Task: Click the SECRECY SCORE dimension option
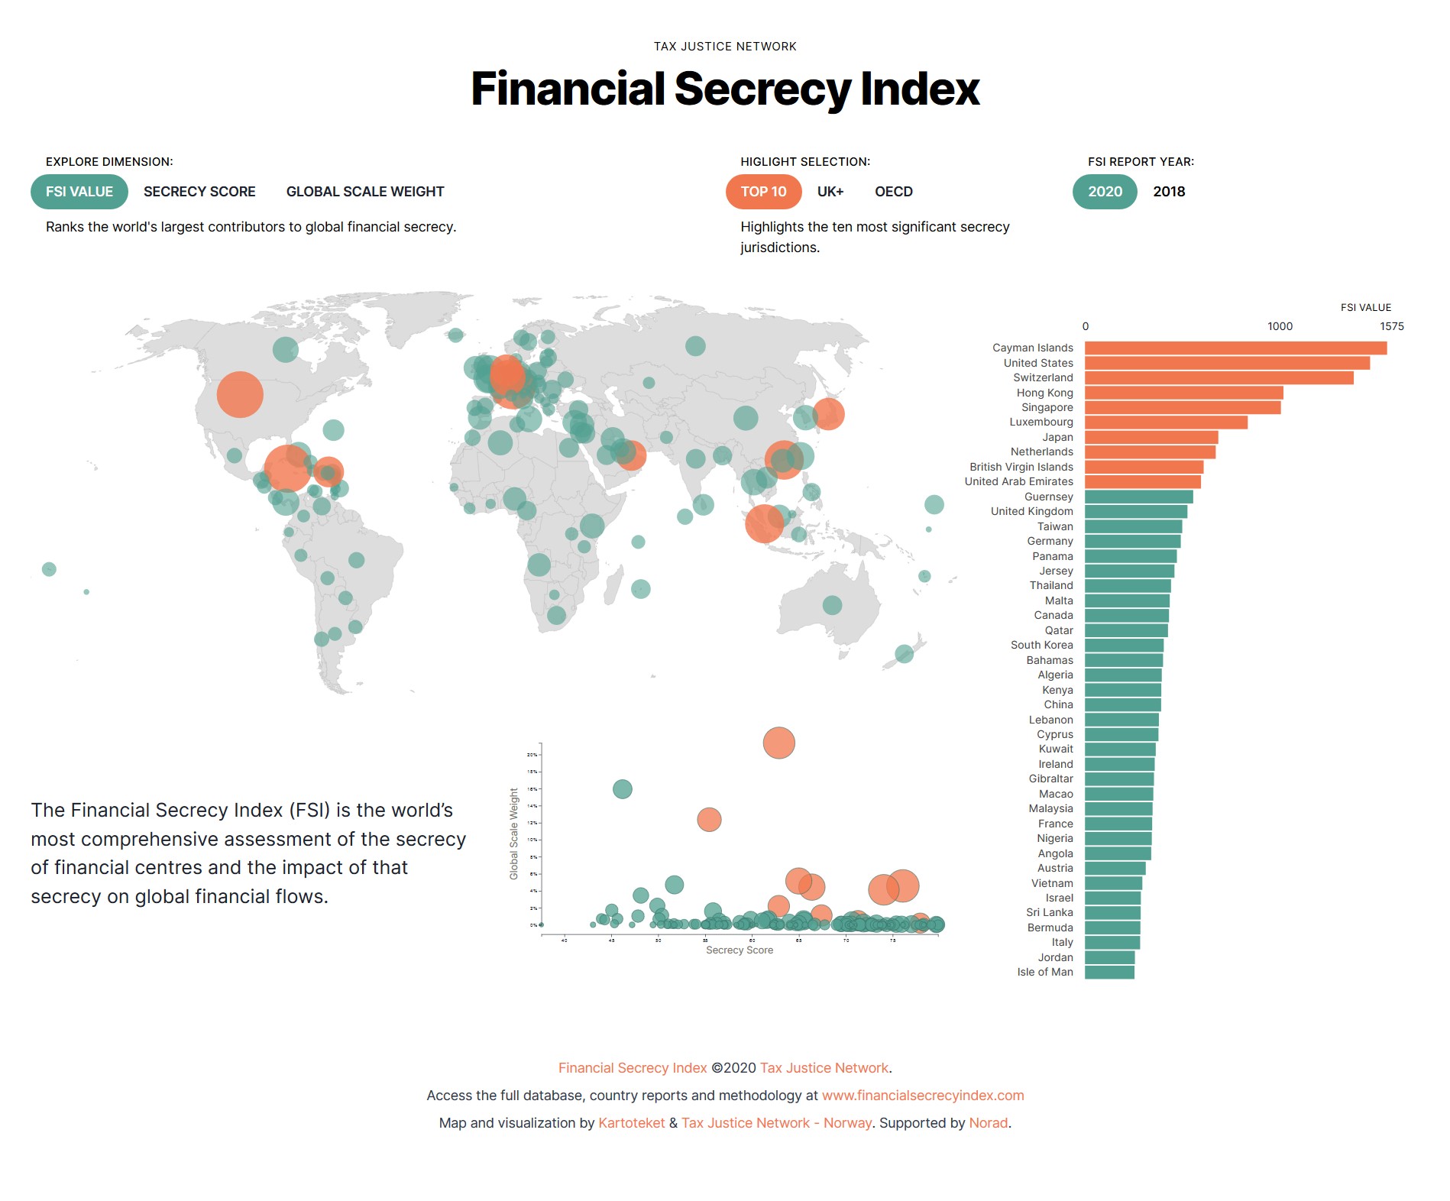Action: (199, 192)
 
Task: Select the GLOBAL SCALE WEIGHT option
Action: (364, 192)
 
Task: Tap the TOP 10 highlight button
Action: (763, 192)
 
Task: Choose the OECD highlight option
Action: (893, 192)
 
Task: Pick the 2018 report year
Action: (1169, 192)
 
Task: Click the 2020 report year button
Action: (1105, 192)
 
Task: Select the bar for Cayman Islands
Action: (1235, 348)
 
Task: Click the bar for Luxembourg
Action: (1165, 422)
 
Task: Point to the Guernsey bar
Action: (1138, 497)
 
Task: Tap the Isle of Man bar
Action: (1109, 973)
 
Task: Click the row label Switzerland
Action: (1043, 378)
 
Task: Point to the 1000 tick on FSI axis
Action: (1280, 326)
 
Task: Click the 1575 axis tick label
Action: (1391, 326)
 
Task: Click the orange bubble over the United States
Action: (240, 394)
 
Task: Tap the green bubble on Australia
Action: (832, 605)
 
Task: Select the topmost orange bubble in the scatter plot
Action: (778, 743)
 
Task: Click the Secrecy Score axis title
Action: (739, 950)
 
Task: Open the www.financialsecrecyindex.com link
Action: (922, 1096)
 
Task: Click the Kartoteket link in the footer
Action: (631, 1123)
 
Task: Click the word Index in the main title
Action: (919, 89)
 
